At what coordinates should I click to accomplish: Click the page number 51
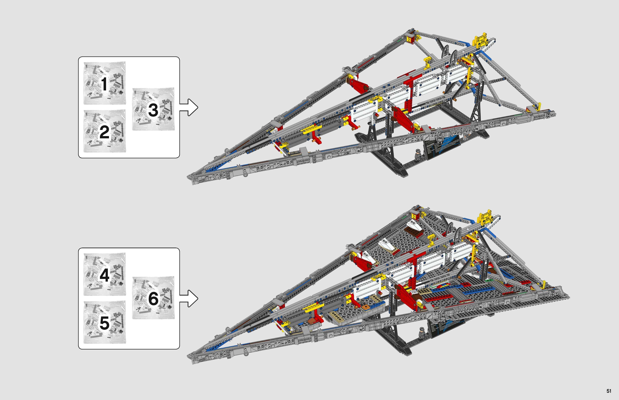[609, 391]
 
